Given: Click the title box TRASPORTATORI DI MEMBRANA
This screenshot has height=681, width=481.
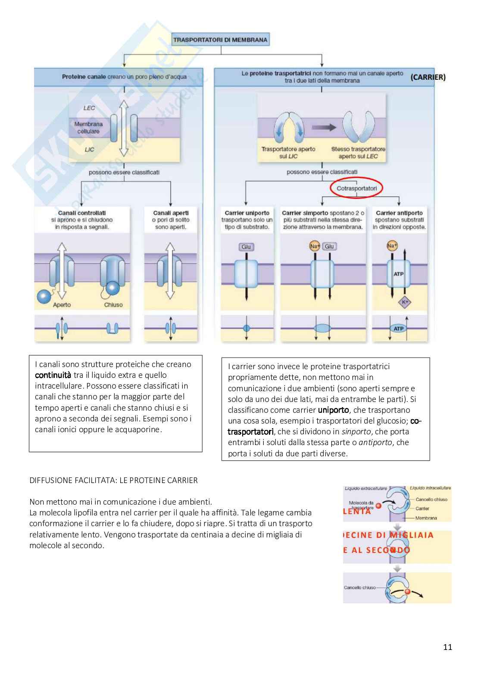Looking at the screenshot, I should [x=220, y=40].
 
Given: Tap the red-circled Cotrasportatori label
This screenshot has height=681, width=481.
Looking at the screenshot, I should [x=356, y=188].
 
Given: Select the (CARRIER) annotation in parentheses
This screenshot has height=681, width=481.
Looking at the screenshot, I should [x=428, y=77].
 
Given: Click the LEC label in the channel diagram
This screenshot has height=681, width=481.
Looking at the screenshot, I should [x=89, y=108].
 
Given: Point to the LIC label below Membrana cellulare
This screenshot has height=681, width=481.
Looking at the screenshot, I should [x=89, y=150].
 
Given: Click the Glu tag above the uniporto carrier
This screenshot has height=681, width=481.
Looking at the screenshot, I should [x=246, y=247].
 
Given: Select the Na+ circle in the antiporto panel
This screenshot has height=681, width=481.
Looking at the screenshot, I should [x=392, y=246].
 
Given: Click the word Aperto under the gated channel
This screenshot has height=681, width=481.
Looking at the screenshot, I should [x=62, y=305].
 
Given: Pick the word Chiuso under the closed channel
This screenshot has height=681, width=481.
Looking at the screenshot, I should [x=113, y=305].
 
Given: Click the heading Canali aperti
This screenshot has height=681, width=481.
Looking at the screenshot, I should [x=171, y=213].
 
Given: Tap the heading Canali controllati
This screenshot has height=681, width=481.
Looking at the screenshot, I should [x=82, y=213].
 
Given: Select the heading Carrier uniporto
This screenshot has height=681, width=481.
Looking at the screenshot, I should [x=247, y=213].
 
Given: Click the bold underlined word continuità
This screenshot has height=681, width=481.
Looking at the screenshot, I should [x=53, y=375].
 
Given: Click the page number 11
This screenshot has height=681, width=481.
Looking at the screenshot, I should [x=447, y=647].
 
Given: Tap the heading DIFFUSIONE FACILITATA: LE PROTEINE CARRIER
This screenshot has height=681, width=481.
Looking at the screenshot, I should [x=113, y=480].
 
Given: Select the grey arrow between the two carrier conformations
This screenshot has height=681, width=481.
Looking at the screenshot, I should [x=324, y=127].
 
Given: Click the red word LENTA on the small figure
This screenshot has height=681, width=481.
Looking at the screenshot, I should [x=357, y=512].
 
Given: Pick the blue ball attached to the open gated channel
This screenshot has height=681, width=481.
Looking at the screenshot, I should [x=44, y=297].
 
